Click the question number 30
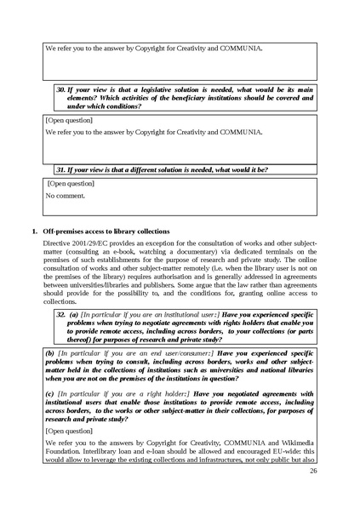tap(61, 88)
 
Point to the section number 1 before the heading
tap(33, 231)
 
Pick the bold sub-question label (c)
tap(50, 393)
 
